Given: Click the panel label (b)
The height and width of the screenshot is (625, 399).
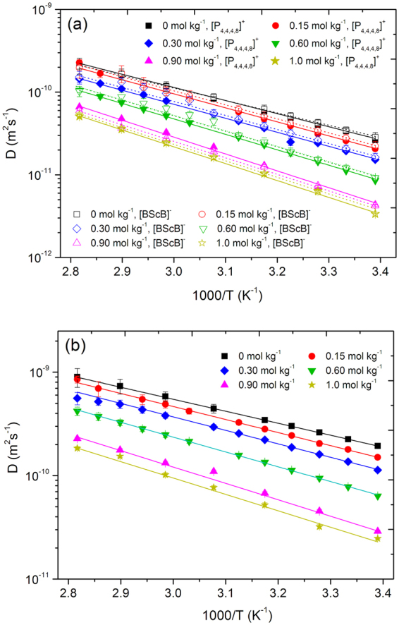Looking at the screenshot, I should [78, 349].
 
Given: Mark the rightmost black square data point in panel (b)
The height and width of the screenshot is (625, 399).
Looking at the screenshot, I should [378, 446].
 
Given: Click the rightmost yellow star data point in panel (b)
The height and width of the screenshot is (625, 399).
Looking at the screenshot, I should [378, 538].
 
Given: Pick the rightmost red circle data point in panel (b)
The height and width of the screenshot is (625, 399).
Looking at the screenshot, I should [378, 457].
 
